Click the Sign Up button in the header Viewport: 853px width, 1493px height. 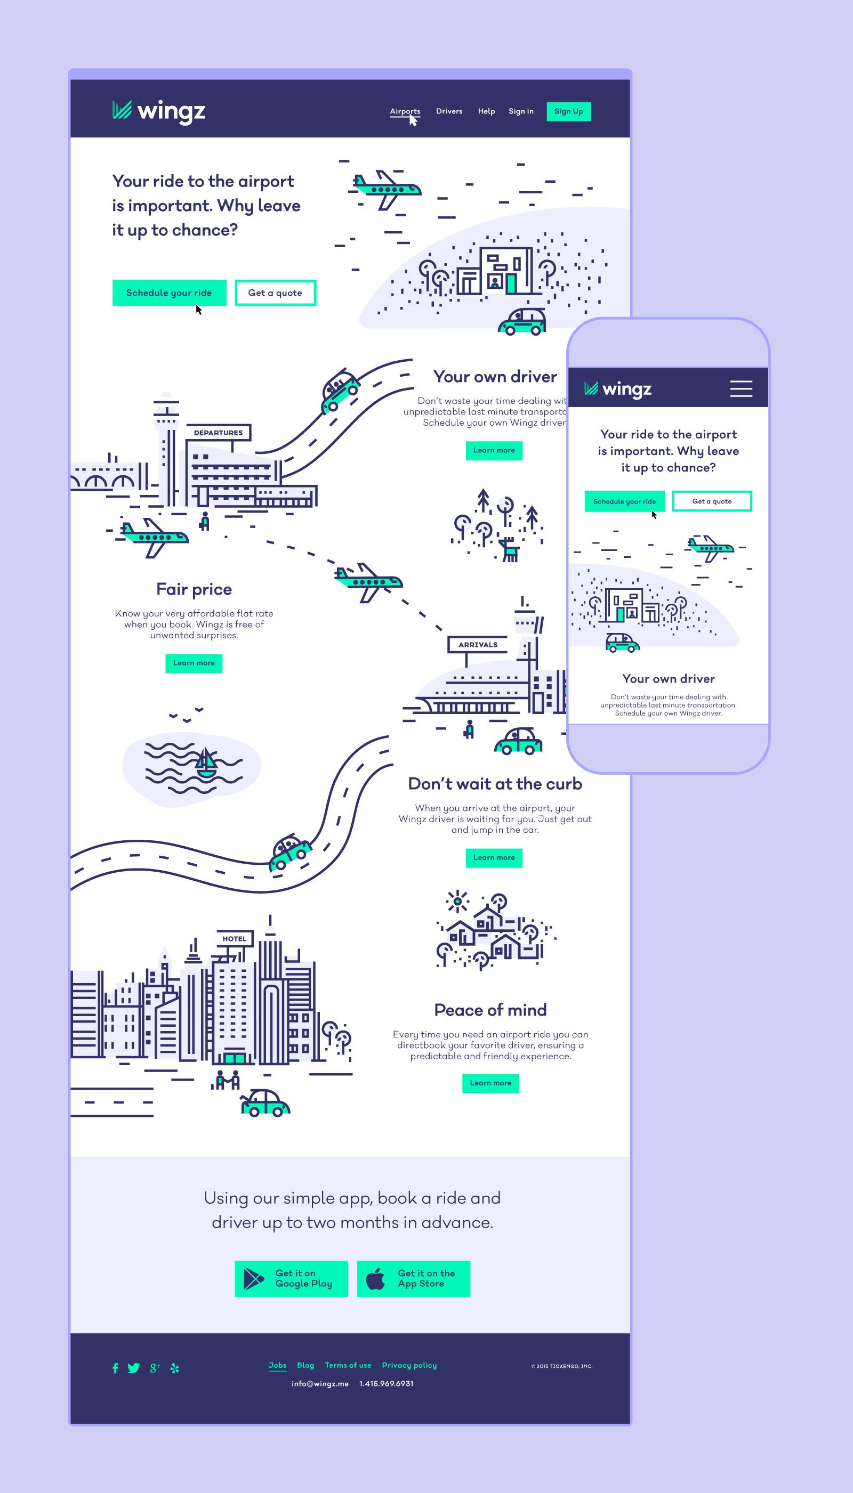click(568, 111)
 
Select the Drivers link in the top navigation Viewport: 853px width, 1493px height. click(449, 111)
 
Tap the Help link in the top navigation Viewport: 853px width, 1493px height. click(486, 111)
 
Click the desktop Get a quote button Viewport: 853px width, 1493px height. click(275, 293)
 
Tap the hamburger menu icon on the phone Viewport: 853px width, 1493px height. click(741, 389)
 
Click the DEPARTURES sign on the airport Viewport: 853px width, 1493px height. click(218, 433)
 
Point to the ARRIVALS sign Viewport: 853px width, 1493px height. click(478, 645)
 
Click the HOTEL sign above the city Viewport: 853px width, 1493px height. click(235, 938)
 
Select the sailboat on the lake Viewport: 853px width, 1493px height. click(206, 763)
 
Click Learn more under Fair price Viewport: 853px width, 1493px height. click(194, 663)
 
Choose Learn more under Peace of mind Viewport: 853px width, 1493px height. click(490, 1083)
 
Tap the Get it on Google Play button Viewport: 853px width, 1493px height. click(291, 1279)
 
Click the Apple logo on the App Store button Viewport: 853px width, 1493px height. click(375, 1279)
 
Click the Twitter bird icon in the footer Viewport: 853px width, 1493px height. click(134, 1368)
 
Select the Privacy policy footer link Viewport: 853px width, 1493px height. click(409, 1365)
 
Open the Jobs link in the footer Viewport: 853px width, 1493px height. click(277, 1365)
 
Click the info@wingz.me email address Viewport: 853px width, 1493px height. click(320, 1384)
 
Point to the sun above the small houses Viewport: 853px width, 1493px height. click(457, 902)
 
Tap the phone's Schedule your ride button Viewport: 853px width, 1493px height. click(624, 501)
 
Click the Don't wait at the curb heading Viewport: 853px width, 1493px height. click(495, 784)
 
